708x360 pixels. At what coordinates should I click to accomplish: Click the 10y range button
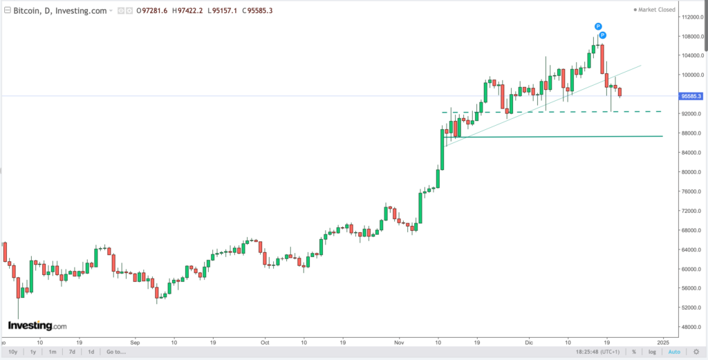point(13,352)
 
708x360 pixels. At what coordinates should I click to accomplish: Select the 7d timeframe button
point(71,352)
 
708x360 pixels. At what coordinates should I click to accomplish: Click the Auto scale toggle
point(675,352)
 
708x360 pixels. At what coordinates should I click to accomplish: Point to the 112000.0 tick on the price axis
point(691,17)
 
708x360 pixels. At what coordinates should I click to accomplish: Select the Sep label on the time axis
point(135,341)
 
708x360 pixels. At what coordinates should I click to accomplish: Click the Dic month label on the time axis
point(528,341)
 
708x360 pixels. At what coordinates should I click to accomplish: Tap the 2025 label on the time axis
point(663,341)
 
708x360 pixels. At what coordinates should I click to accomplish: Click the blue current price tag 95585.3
point(691,96)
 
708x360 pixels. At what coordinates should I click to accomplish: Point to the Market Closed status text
point(657,10)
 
